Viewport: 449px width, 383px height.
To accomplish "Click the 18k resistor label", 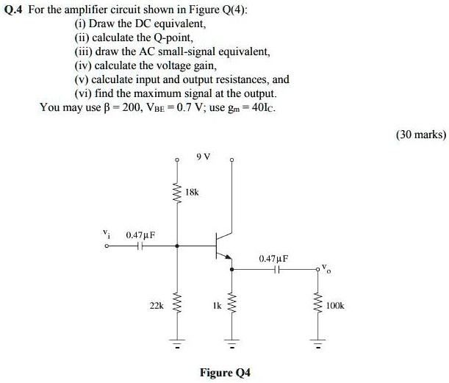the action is pos(192,192).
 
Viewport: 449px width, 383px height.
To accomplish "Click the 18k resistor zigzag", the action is pos(177,192).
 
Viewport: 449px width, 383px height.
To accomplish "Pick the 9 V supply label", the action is pos(204,157).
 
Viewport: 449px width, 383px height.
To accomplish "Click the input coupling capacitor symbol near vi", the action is pos(140,246).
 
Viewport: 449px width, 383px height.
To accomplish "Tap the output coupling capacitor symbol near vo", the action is pos(276,269).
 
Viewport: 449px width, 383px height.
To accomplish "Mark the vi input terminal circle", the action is pos(107,246).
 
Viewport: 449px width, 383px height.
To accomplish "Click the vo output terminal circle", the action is pos(317,269).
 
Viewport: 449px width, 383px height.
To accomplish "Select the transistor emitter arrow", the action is pos(228,257).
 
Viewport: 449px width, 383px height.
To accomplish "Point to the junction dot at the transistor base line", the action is pos(177,246).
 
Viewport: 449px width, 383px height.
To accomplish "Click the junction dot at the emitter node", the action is pos(231,269).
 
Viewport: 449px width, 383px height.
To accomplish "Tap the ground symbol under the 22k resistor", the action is pos(177,343).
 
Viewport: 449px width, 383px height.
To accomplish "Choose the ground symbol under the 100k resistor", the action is pos(317,343).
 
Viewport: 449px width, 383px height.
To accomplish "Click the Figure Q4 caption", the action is pos(225,373).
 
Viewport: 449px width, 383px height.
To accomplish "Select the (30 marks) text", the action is pos(421,135).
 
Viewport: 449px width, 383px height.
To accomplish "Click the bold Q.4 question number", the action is pos(13,10).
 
